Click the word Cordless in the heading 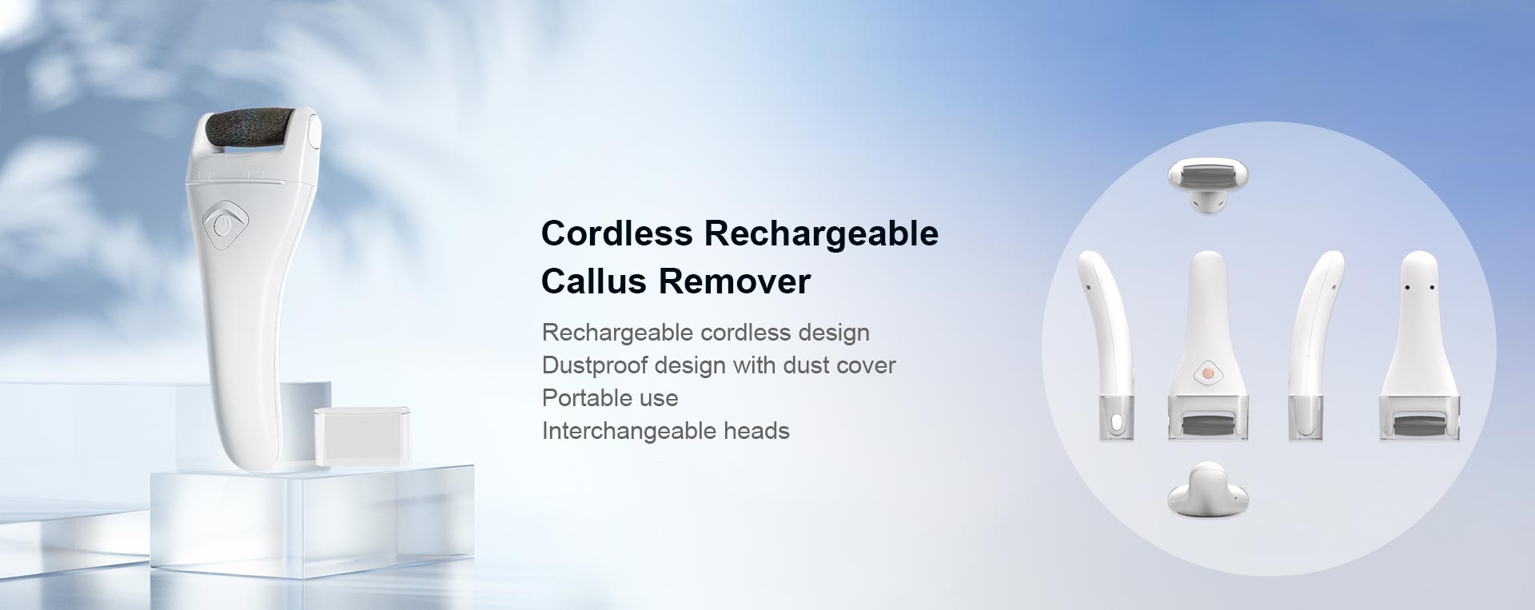click(617, 233)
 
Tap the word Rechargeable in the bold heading click(821, 233)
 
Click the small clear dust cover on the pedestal click(363, 435)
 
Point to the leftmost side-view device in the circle click(1106, 345)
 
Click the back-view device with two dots click(1420, 345)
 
